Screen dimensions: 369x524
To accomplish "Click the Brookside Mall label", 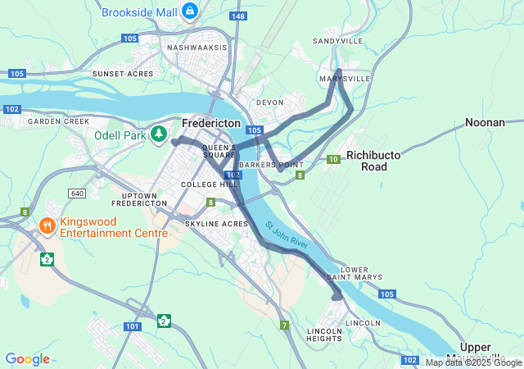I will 138,12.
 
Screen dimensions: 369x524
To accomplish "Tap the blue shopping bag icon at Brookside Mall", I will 190,11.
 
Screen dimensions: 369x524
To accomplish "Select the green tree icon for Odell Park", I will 159,134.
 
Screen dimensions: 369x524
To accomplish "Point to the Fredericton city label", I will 210,122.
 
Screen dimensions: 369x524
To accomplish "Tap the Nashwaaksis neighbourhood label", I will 196,48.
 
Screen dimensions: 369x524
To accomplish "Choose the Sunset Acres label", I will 123,74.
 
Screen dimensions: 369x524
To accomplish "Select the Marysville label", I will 345,79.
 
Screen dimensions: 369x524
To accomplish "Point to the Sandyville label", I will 337,40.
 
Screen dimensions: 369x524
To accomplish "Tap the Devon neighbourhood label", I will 269,102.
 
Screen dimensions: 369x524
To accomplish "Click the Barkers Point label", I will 266,164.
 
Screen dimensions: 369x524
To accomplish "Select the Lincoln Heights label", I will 323,335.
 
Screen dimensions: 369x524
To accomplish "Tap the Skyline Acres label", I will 215,224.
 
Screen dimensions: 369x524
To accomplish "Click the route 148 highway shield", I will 238,16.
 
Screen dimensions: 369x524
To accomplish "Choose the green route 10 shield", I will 332,159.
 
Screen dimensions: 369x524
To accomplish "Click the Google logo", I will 27,359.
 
